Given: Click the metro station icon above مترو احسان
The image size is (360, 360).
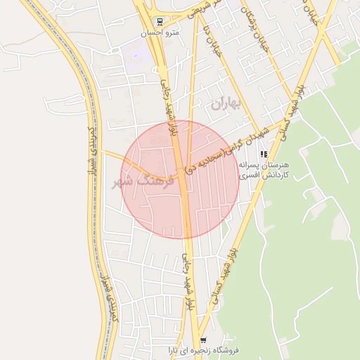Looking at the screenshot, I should tap(160, 22).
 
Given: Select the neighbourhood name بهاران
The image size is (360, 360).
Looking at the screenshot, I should tap(225, 104).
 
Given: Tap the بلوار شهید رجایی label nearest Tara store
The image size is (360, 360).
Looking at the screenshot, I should tap(188, 281).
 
